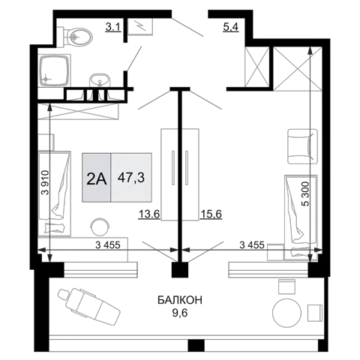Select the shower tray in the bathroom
pyautogui.click(x=54, y=70)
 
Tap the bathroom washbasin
pyautogui.click(x=100, y=80)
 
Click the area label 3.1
pyautogui.click(x=113, y=27)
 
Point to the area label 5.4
pyautogui.click(x=231, y=27)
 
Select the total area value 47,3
pyautogui.click(x=131, y=178)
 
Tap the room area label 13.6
pyautogui.click(x=149, y=214)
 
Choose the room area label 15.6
pyautogui.click(x=211, y=214)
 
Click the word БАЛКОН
pyautogui.click(x=180, y=300)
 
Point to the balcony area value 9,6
pyautogui.click(x=180, y=313)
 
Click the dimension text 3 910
pyautogui.click(x=45, y=183)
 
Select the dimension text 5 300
pyautogui.click(x=305, y=193)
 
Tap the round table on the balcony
pyautogui.click(x=286, y=313)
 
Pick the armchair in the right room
pyautogui.click(x=302, y=146)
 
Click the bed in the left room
pyautogui.click(x=54, y=193)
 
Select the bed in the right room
pyautogui.click(x=301, y=217)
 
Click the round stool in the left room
pyautogui.click(x=100, y=226)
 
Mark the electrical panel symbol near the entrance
pyautogui.click(x=140, y=26)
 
